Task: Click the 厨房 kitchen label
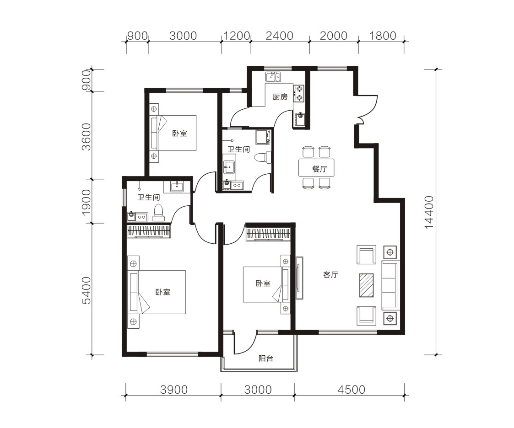280,97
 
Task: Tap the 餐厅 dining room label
319,169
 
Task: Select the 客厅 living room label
330,275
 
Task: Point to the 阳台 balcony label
266,358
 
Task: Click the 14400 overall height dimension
429,213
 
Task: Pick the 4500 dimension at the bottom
351,390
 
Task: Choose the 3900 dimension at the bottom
174,390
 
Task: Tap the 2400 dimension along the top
279,35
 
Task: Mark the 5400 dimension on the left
86,290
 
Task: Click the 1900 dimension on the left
86,202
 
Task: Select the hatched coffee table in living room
367,285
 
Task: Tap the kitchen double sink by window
273,77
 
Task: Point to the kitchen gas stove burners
299,93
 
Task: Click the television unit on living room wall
299,278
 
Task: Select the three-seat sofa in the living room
390,285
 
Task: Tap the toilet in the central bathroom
264,157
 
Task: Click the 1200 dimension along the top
236,35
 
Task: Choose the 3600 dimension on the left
86,137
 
